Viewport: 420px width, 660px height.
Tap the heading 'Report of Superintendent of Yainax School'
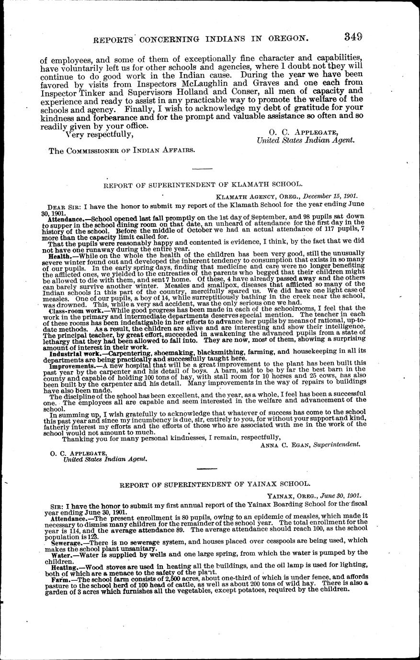pyautogui.click(x=211, y=484)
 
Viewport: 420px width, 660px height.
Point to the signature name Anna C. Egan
pyautogui.click(x=285, y=444)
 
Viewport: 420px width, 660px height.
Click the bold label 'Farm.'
pyautogui.click(x=61, y=579)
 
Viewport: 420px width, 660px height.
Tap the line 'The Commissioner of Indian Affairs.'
pyautogui.click(x=122, y=150)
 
